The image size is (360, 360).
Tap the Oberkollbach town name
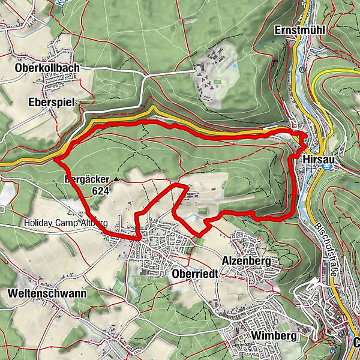coord(47,68)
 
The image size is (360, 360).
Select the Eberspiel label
coord(51,103)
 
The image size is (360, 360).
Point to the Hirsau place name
coord(317,161)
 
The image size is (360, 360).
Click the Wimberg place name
coord(274,337)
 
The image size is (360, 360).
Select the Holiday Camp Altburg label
coord(65,223)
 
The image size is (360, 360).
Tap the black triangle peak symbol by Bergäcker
coord(116,179)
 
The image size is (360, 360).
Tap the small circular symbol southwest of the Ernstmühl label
coord(304,68)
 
